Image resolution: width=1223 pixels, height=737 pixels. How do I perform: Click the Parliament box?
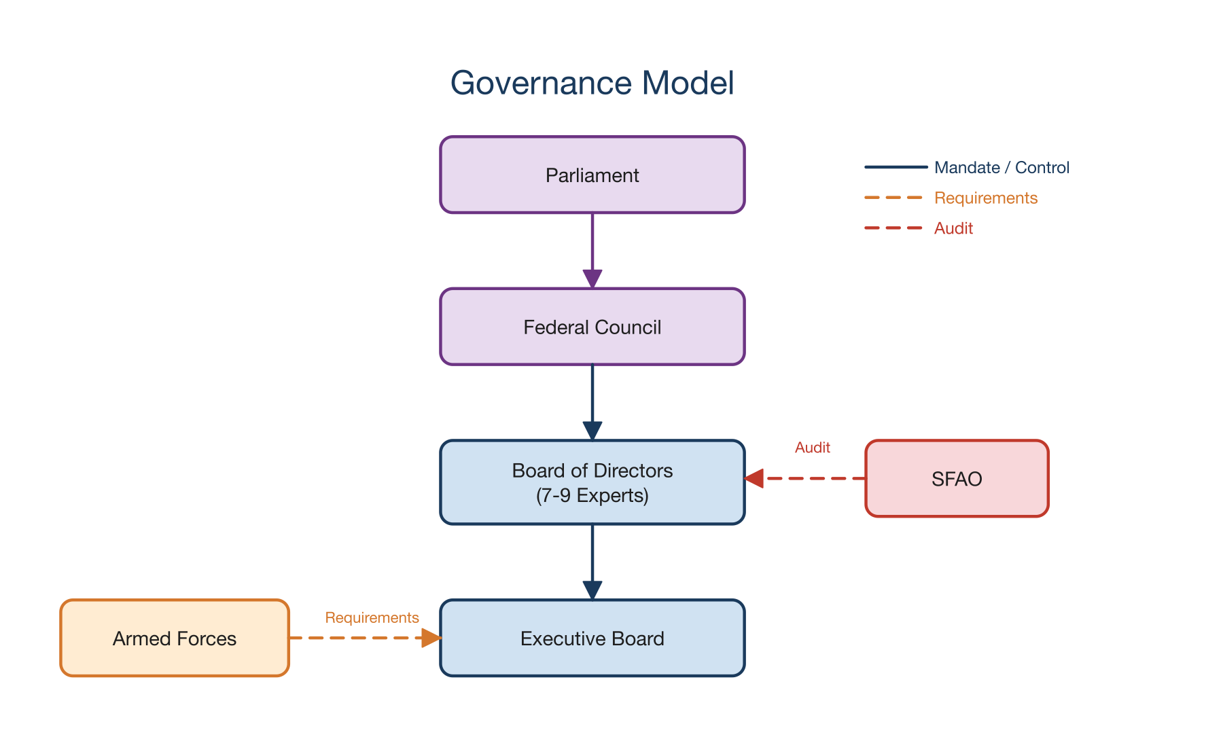click(x=592, y=175)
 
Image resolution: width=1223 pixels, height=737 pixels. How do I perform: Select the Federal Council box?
click(x=592, y=327)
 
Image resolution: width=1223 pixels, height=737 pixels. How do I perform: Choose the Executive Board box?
click(x=592, y=638)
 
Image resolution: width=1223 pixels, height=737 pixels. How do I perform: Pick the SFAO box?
click(x=957, y=479)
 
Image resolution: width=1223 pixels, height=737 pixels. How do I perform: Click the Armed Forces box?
click(x=175, y=638)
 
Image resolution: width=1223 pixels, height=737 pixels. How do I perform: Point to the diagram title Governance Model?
click(x=592, y=83)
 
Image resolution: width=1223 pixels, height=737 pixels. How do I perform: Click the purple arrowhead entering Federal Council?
click(x=592, y=278)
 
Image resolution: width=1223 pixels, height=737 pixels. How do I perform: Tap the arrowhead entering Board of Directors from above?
click(x=592, y=431)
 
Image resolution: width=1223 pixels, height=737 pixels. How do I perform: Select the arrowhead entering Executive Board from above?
click(x=592, y=590)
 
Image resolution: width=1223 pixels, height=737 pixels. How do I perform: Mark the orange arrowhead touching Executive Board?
click(x=431, y=638)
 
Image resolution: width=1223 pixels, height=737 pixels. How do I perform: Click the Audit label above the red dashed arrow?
click(x=812, y=448)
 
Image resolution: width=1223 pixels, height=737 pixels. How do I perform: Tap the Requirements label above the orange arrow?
click(x=372, y=617)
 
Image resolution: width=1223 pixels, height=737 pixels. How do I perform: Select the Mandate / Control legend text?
click(x=1002, y=168)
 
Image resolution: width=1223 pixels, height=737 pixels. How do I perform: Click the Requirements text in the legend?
click(x=985, y=198)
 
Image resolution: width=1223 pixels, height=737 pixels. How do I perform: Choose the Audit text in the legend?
click(x=953, y=228)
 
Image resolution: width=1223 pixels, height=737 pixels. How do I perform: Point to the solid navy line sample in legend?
click(x=896, y=167)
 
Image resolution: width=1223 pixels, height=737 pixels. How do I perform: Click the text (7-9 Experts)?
click(x=592, y=496)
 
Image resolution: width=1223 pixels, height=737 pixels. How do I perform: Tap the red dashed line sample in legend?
click(x=893, y=228)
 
